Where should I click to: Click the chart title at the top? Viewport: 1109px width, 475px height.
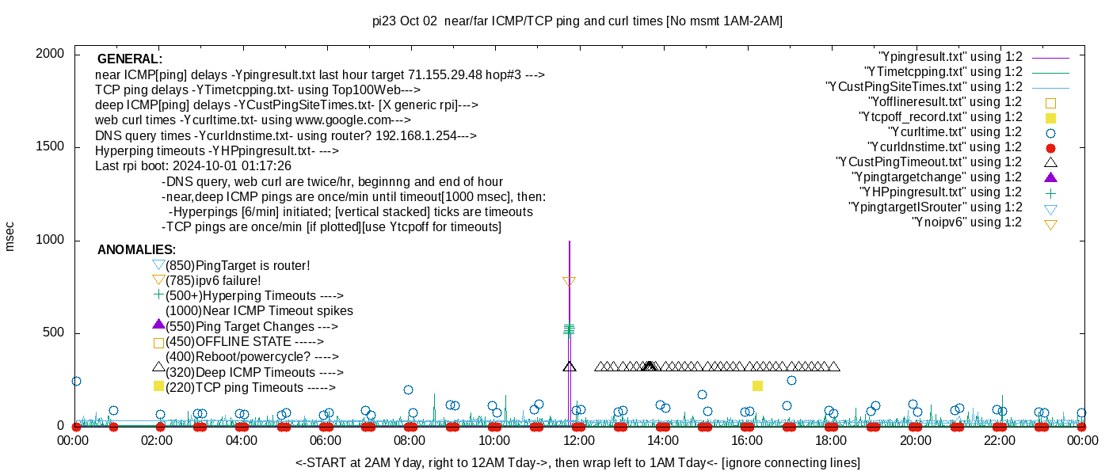pyautogui.click(x=577, y=21)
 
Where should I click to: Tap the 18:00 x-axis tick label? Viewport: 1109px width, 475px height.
pyautogui.click(x=829, y=440)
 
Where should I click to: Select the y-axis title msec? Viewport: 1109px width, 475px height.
pyautogui.click(x=10, y=236)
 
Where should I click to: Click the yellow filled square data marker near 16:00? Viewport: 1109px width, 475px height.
pyautogui.click(x=757, y=386)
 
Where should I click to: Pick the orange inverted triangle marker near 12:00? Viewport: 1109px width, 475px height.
pyautogui.click(x=569, y=281)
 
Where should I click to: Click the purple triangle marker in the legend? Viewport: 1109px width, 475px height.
pyautogui.click(x=1050, y=177)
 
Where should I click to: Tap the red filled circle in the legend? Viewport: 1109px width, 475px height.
pyautogui.click(x=1050, y=147)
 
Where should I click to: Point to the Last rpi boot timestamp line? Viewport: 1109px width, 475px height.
pyautogui.click(x=192, y=166)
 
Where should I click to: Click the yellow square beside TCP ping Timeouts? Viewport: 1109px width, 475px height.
pyautogui.click(x=158, y=386)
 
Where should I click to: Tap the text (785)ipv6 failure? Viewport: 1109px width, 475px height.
pyautogui.click(x=213, y=281)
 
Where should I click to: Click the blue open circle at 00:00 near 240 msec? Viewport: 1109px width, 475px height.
pyautogui.click(x=76, y=381)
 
